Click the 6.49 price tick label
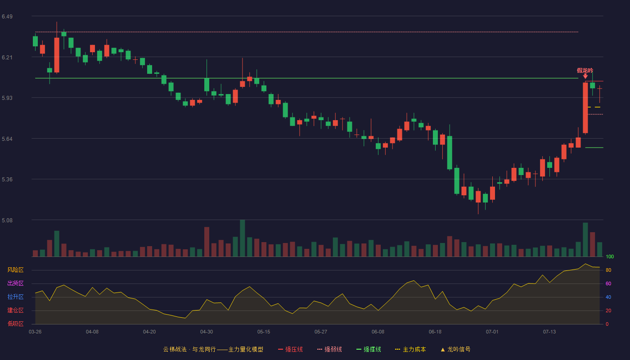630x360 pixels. pyautogui.click(x=7, y=17)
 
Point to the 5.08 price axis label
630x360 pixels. pyautogui.click(x=7, y=220)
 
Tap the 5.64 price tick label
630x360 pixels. pyautogui.click(x=7, y=139)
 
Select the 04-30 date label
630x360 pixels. pyautogui.click(x=207, y=332)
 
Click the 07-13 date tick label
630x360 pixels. pyautogui.click(x=549, y=332)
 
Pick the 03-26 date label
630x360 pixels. pyautogui.click(x=35, y=332)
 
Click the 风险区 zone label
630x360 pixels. pyautogui.click(x=15, y=270)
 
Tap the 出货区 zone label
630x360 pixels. pyautogui.click(x=15, y=283)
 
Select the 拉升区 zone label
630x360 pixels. pyautogui.click(x=15, y=297)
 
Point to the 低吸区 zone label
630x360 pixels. pyautogui.click(x=15, y=324)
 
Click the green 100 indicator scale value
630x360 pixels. pyautogui.click(x=610, y=256)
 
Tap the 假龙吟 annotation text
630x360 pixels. pyautogui.click(x=585, y=70)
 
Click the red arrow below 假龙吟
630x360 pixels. pyautogui.click(x=585, y=76)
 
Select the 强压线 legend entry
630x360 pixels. pyautogui.click(x=290, y=349)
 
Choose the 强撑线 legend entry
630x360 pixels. pyautogui.click(x=369, y=349)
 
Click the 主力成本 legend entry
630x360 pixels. pyautogui.click(x=410, y=349)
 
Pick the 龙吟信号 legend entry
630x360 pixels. pyautogui.click(x=455, y=349)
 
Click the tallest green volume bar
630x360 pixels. pyautogui.click(x=243, y=238)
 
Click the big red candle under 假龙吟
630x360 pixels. pyautogui.click(x=585, y=108)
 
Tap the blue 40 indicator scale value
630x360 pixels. pyautogui.click(x=608, y=297)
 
